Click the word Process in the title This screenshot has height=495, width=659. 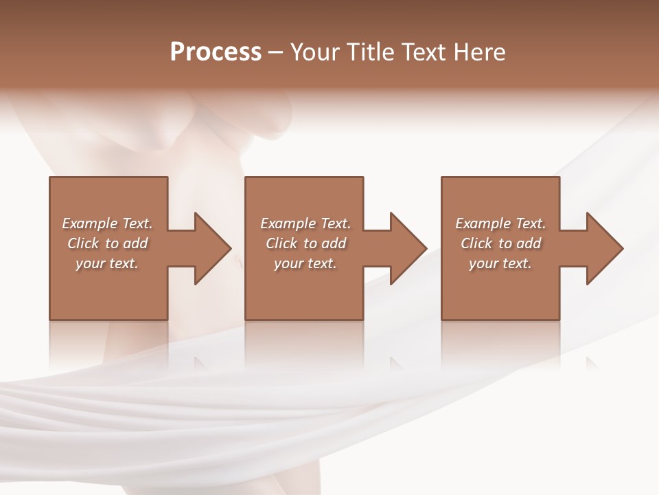coord(216,52)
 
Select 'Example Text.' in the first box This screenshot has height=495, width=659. coord(107,223)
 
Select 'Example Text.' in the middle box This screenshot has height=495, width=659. coord(305,223)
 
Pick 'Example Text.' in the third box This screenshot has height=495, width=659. coord(500,223)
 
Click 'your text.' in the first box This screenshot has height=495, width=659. coord(107,263)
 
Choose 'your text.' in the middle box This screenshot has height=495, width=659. coord(305,263)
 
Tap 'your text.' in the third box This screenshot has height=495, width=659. coord(500,263)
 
